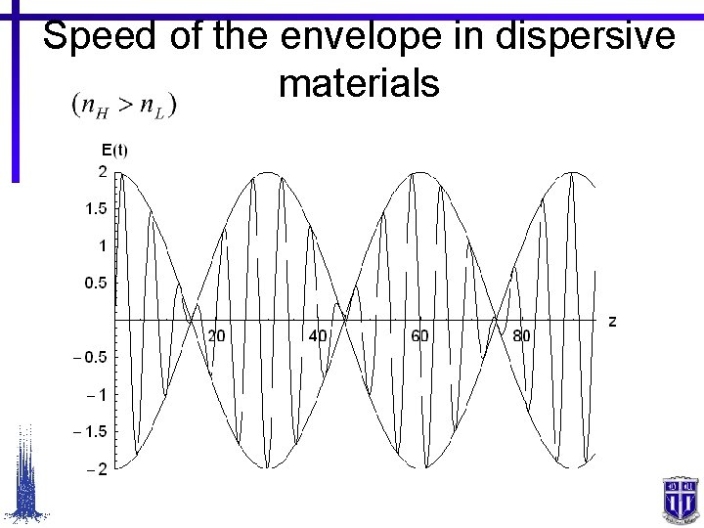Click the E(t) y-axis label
click(114, 150)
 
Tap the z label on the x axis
click(612, 321)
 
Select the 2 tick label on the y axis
click(102, 171)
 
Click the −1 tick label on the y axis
click(97, 394)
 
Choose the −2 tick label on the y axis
click(97, 468)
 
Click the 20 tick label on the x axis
click(216, 336)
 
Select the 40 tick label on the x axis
click(318, 336)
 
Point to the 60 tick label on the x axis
click(419, 336)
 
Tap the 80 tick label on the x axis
click(521, 336)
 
